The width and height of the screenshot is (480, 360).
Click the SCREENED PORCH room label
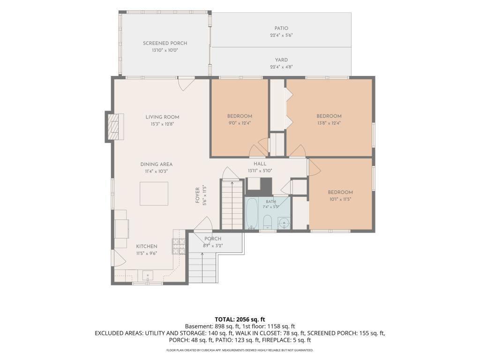[x=165, y=43]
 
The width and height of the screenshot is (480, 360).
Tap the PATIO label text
[x=281, y=28]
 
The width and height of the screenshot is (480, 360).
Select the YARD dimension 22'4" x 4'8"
[x=281, y=67]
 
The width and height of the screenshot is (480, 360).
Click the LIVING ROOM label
[x=162, y=117]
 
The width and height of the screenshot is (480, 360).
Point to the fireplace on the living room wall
[x=115, y=127]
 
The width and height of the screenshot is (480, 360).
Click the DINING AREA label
[x=157, y=165]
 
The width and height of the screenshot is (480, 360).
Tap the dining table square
[x=154, y=194]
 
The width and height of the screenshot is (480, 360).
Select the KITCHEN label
[x=147, y=247]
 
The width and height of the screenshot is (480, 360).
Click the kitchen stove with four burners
[x=179, y=246]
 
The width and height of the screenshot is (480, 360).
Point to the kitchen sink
[x=147, y=276]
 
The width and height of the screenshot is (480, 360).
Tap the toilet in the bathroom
[x=268, y=222]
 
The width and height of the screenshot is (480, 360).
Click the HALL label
[x=260, y=164]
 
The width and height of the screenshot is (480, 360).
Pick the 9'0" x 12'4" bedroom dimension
[x=240, y=123]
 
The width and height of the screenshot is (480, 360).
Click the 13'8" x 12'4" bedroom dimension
[x=329, y=123]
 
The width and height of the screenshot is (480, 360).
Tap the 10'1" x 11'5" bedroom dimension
[x=340, y=199]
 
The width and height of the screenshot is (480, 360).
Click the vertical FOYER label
[x=198, y=195]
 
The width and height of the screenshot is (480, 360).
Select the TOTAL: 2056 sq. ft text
[x=240, y=320]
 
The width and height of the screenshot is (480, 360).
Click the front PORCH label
[x=213, y=239]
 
